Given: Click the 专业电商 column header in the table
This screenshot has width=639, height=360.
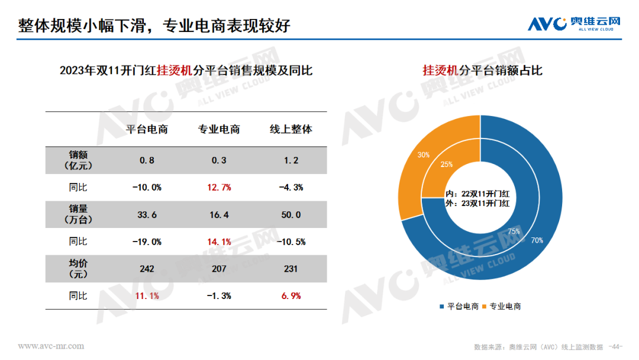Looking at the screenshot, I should (219, 129).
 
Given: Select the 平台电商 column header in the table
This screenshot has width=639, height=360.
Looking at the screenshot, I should (147, 129).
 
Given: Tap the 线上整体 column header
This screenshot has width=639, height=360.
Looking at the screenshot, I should (291, 129).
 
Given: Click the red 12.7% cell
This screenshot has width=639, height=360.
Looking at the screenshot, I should (219, 187).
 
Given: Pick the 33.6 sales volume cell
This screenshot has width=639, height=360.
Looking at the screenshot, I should (147, 215).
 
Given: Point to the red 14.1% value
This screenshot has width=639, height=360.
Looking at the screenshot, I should (219, 242).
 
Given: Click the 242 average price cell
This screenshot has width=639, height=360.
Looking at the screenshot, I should (147, 269).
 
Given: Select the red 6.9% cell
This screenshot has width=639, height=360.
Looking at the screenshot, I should (291, 295).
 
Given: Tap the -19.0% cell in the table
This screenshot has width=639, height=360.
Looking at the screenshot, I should (147, 242).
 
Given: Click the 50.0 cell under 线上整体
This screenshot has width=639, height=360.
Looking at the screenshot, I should (291, 215).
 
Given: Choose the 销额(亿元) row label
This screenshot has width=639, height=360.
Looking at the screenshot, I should (78, 160).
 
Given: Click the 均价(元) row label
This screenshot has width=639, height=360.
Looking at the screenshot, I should (78, 269).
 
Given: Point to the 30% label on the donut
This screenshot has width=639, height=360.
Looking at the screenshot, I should (423, 155).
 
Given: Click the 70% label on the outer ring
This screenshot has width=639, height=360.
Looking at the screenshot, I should (537, 240).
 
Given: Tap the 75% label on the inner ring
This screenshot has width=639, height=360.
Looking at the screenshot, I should (514, 231).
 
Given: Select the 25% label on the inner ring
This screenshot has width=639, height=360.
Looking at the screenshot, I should (447, 164).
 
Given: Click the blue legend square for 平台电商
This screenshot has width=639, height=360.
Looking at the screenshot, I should (441, 306).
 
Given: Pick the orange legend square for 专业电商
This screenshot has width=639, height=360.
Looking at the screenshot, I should (484, 306).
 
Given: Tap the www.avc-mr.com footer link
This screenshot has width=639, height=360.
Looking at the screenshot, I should (51, 346).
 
